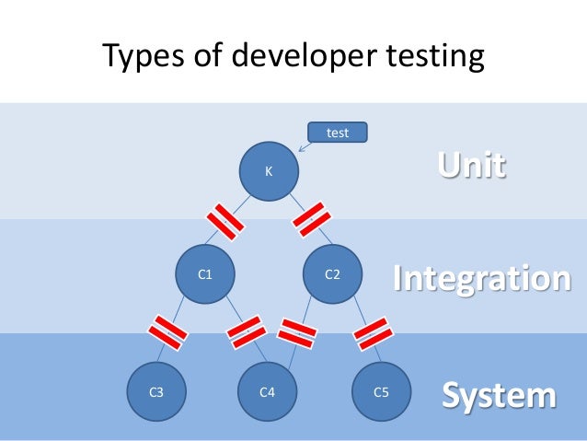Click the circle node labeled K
pyautogui.click(x=269, y=170)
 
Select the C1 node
pyautogui.click(x=207, y=273)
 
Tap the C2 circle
pyautogui.click(x=333, y=273)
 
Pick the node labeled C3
pyautogui.click(x=156, y=391)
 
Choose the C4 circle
pyautogui.click(x=268, y=391)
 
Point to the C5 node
pyautogui.click(x=381, y=391)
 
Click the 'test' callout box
pyautogui.click(x=338, y=133)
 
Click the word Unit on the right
pyautogui.click(x=470, y=167)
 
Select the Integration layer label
pyautogui.click(x=481, y=277)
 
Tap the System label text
pyautogui.click(x=499, y=395)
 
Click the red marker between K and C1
pyautogui.click(x=224, y=219)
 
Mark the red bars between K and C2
pyautogui.click(x=313, y=219)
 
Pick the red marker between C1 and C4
pyautogui.click(x=246, y=331)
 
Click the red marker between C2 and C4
pyautogui.click(x=298, y=332)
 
